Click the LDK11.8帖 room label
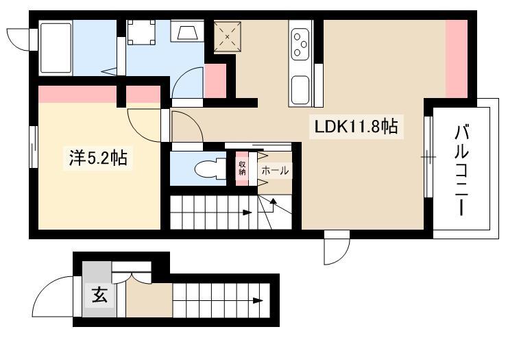[356, 127]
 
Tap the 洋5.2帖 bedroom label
[98, 158]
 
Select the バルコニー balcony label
[461, 170]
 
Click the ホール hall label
[275, 170]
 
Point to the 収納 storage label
[242, 168]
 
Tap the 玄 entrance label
[99, 295]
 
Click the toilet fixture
[210, 168]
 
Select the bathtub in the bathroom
[56, 48]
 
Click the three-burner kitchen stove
[300, 45]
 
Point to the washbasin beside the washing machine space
[187, 31]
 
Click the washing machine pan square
[141, 32]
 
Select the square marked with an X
[228, 36]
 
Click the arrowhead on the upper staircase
[247, 213]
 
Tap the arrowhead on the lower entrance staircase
[258, 300]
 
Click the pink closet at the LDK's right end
[456, 59]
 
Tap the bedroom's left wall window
[34, 147]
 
